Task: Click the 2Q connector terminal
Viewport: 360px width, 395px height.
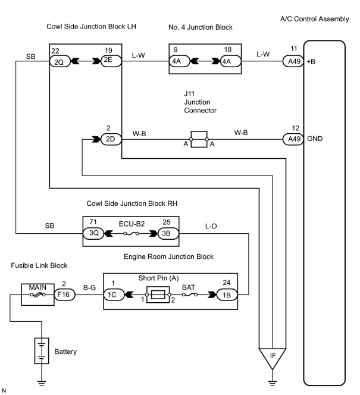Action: tap(60, 61)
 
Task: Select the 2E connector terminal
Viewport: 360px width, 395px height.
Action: tap(111, 61)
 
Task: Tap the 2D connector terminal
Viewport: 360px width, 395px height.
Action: tap(111, 139)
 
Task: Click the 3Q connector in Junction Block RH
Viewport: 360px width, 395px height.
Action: tap(93, 233)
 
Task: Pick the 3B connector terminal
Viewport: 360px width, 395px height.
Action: tap(168, 234)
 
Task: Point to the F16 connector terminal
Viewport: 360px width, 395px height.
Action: tap(65, 294)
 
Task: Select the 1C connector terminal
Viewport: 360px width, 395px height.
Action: tap(114, 294)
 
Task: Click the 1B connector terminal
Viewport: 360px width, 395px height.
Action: tap(227, 294)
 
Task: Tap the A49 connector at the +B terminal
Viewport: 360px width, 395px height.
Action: tap(293, 61)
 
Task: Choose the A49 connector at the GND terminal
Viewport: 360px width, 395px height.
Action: tap(293, 139)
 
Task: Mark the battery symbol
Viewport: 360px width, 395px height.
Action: tap(42, 350)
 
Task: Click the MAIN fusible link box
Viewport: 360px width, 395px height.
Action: tap(37, 294)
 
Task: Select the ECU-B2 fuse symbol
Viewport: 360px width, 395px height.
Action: tap(132, 234)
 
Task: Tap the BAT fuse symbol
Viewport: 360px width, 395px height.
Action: tap(189, 294)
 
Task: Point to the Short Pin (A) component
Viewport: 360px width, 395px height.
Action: tap(158, 294)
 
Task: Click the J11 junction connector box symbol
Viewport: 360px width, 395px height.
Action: tap(199, 139)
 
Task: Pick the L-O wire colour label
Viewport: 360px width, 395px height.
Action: tap(211, 226)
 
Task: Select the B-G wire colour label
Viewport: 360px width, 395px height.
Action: tap(89, 288)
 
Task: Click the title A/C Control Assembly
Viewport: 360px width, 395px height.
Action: tap(314, 19)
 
